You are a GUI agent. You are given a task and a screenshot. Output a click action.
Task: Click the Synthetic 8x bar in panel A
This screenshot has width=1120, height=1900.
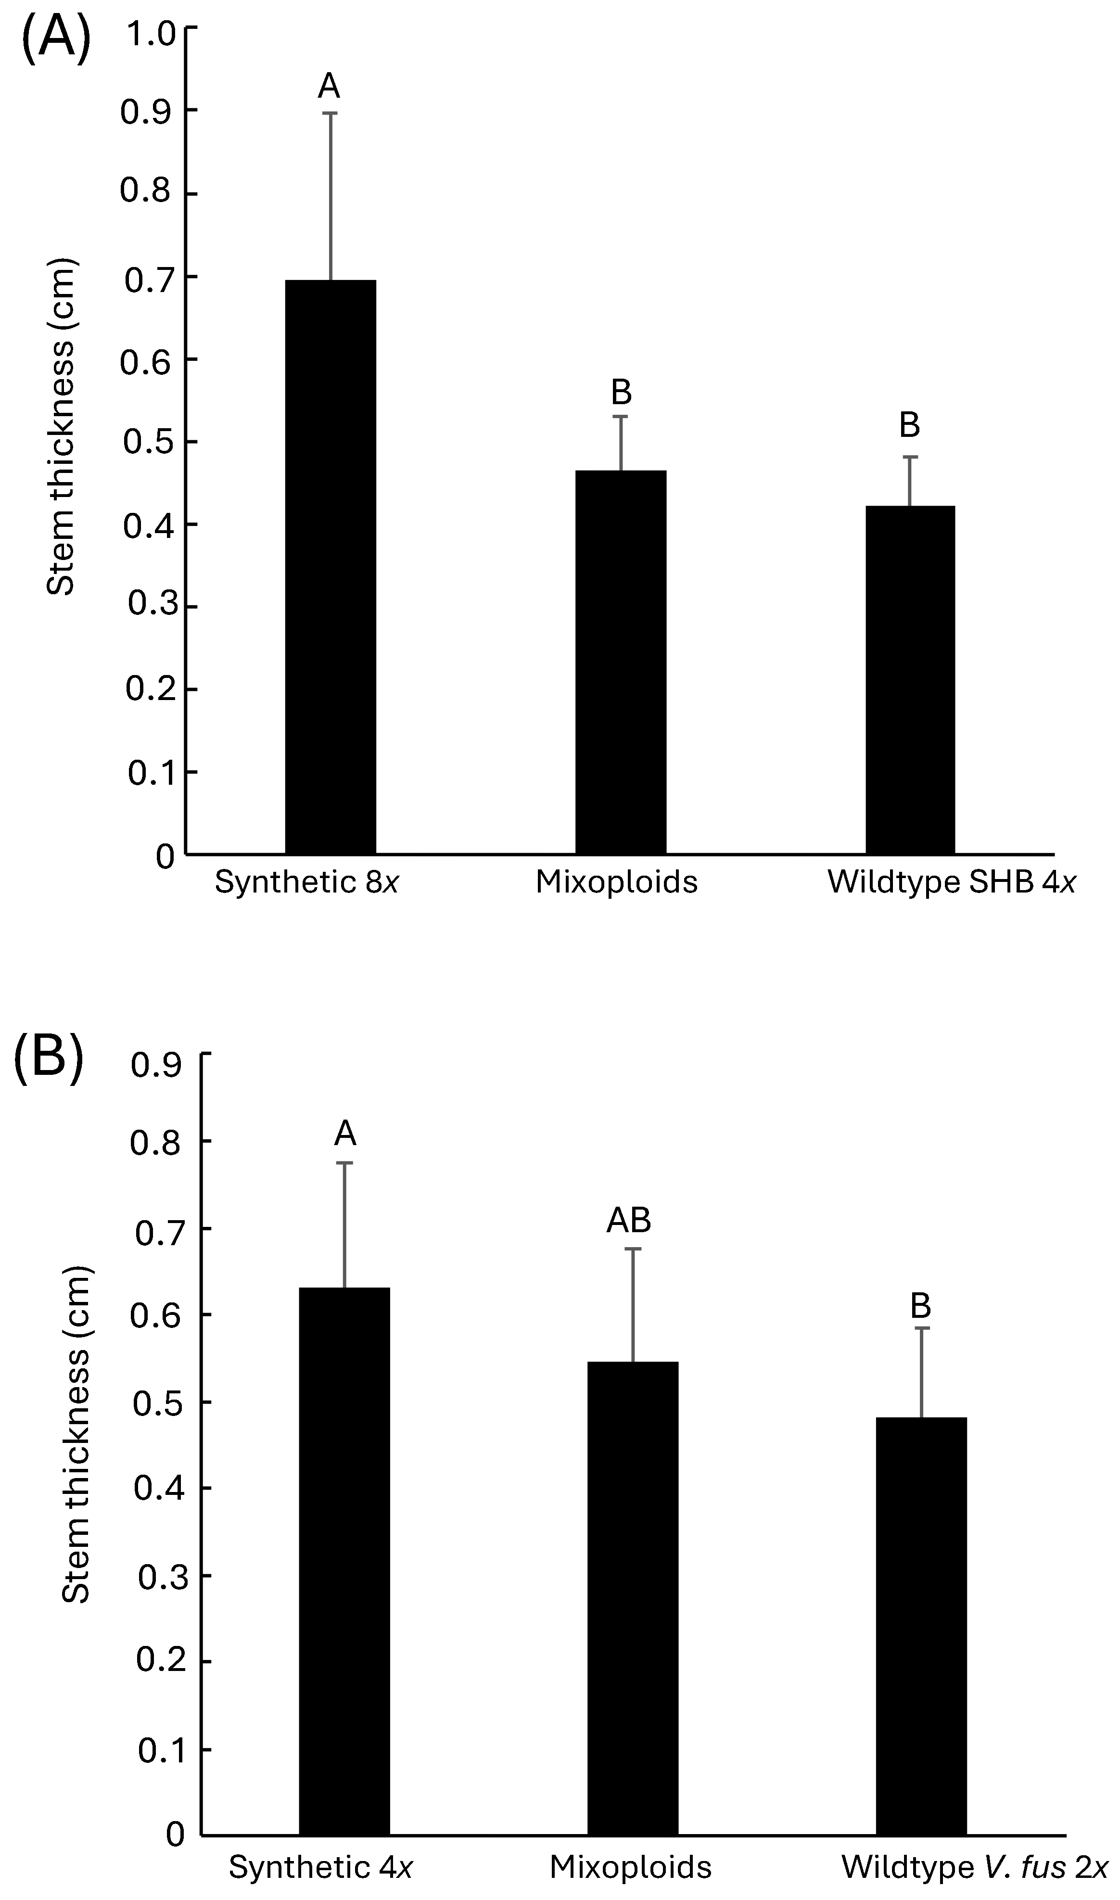[330, 566]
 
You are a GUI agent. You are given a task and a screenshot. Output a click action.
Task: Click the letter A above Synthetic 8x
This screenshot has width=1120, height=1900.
[329, 87]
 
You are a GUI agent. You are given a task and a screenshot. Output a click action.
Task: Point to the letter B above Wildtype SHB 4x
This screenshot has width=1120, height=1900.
[909, 426]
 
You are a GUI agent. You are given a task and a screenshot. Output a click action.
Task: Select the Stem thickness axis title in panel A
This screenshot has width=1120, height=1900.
[62, 427]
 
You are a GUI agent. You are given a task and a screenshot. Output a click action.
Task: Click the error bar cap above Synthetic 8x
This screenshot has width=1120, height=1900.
[330, 113]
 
